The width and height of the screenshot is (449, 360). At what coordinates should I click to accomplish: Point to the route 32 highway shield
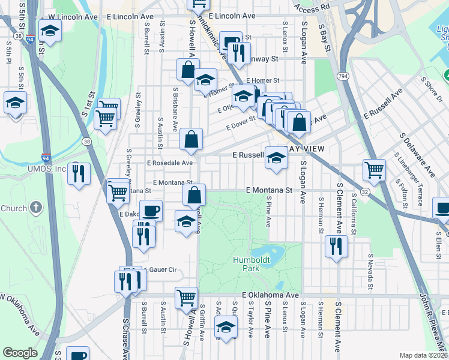[x=364, y=191]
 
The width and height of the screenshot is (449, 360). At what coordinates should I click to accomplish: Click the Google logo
[x=20, y=353]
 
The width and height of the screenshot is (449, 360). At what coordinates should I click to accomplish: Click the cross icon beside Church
[x=36, y=208]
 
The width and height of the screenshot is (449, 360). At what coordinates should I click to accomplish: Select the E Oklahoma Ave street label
[x=270, y=296]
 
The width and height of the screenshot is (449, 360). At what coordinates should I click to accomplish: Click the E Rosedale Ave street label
[x=170, y=163]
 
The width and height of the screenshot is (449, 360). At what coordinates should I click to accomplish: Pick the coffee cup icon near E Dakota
[x=151, y=211]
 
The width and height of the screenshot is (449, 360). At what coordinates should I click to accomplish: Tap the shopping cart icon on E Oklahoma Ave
[x=187, y=298]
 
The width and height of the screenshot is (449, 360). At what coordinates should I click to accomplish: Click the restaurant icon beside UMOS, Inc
[x=79, y=173]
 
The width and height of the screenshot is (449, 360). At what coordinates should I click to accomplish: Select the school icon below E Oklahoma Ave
[x=226, y=328]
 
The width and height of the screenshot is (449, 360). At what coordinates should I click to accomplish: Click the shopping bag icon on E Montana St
[x=194, y=195]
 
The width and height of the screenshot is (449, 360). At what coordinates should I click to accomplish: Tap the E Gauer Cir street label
[x=160, y=270]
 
